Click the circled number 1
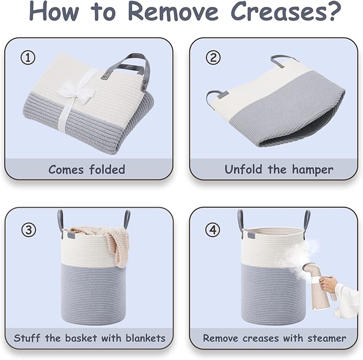pyautogui.click(x=28, y=58)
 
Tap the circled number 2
pyautogui.click(x=213, y=58)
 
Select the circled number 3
pyautogui.click(x=29, y=230)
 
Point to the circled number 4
pyautogui.click(x=213, y=230)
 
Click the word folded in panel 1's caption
pyautogui.click(x=107, y=169)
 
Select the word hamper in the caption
pyautogui.click(x=313, y=170)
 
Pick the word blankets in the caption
pyautogui.click(x=145, y=338)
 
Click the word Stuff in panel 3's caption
pyautogui.click(x=27, y=338)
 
